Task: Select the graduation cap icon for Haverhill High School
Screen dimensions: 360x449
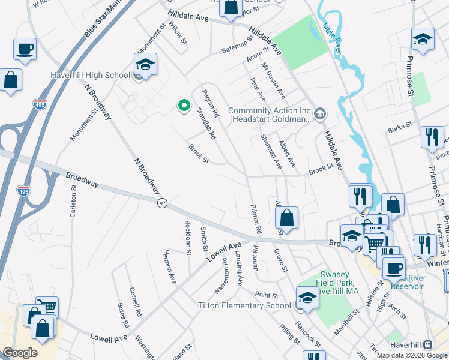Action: (145, 64)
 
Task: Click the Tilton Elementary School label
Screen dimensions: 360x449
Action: (244, 305)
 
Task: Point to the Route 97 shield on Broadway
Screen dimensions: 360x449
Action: (163, 203)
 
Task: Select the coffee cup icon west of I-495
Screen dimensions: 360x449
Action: (25, 49)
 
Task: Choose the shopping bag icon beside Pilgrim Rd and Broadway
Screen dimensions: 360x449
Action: (288, 218)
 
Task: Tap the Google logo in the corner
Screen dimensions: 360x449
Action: (20, 353)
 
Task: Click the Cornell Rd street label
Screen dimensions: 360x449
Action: (135, 302)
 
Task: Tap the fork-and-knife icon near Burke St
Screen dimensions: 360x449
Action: (432, 137)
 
